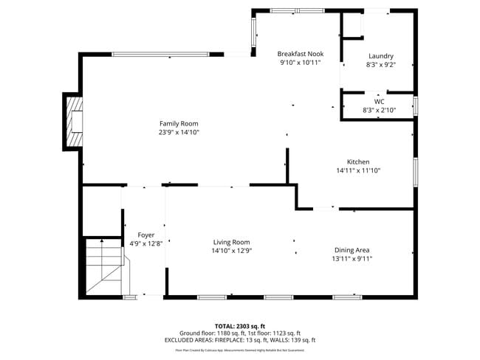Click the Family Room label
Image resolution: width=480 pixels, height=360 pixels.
coord(179,124)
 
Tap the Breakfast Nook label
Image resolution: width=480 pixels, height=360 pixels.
coord(301,54)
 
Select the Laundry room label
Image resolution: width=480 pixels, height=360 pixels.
coord(381,56)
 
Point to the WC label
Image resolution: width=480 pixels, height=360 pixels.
coord(380,102)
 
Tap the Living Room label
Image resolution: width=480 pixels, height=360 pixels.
coord(232,242)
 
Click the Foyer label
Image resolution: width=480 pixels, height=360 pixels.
coord(146,235)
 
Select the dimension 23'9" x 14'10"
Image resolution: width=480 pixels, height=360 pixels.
coord(179,133)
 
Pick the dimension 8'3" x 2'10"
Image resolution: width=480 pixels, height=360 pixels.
coord(380,111)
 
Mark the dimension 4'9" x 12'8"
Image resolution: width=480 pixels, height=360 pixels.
coord(146,243)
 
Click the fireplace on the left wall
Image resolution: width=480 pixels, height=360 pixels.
coord(74,122)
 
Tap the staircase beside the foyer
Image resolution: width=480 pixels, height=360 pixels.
coord(103,267)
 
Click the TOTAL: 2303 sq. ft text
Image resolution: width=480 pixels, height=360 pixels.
coord(240,325)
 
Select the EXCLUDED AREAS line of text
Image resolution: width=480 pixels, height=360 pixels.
coord(240,340)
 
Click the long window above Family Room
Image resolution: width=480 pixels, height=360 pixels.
coord(160,54)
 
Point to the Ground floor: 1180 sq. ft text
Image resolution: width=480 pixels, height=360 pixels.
coord(211,333)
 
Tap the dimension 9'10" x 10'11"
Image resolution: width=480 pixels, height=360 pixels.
coord(301,63)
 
